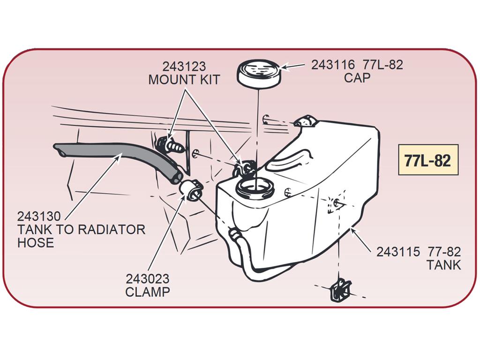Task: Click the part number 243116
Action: click(x=333, y=65)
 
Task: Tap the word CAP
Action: click(x=357, y=78)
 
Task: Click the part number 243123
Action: click(x=184, y=67)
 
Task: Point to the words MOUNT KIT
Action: click(x=184, y=80)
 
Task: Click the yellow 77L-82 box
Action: click(x=428, y=160)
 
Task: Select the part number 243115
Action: click(x=398, y=252)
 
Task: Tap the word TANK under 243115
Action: click(x=443, y=265)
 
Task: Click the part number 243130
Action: click(x=39, y=217)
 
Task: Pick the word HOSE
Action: click(x=36, y=242)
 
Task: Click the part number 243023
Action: click(x=148, y=279)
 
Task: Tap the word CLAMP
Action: click(x=148, y=292)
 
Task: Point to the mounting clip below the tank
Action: click(x=340, y=290)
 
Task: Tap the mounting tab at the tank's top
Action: click(x=306, y=121)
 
